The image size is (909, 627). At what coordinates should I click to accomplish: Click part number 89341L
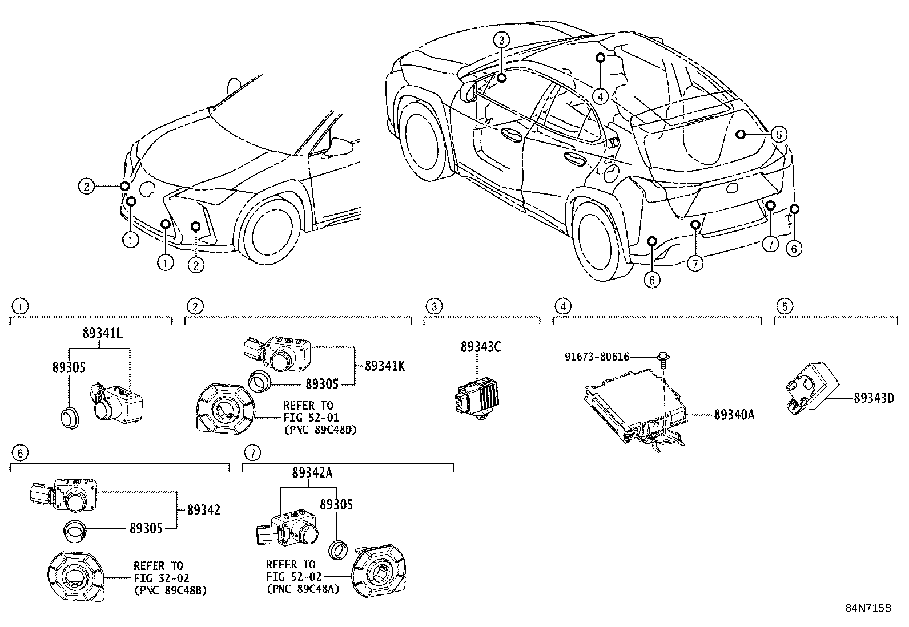point(102,334)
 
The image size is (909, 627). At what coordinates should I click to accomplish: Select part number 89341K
point(384,366)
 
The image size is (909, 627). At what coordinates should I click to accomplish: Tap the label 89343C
point(481,346)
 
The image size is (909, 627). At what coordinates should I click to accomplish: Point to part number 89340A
point(734,415)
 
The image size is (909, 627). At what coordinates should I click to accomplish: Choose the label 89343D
point(874,398)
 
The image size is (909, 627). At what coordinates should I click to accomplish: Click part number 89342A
point(312,473)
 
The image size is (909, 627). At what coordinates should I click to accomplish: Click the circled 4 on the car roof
point(600,96)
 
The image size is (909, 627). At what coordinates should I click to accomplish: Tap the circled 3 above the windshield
point(501,39)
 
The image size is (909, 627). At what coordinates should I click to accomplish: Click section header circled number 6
point(19,453)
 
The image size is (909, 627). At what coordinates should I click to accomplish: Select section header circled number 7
point(252,453)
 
